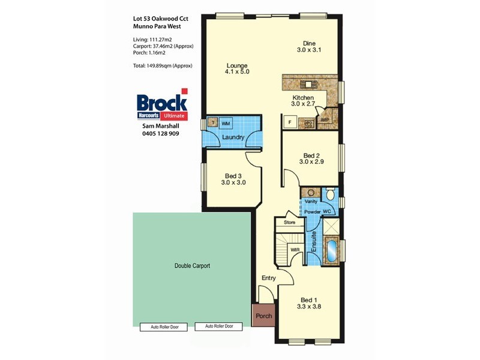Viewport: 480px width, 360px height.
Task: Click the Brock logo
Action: (x=161, y=103)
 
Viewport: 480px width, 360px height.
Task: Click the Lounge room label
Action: (x=237, y=68)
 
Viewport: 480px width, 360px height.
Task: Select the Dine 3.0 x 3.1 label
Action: (x=309, y=47)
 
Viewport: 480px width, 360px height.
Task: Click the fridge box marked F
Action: (x=290, y=122)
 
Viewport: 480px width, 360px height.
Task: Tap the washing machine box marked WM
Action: (x=226, y=123)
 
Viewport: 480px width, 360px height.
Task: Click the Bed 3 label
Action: (x=233, y=179)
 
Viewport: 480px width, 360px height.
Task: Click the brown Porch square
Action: (x=263, y=316)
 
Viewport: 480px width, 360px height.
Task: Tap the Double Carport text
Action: (x=192, y=265)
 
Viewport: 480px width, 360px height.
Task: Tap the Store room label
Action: (x=290, y=223)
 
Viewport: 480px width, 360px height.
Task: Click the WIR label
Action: (x=295, y=249)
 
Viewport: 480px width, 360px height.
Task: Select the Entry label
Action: (x=268, y=278)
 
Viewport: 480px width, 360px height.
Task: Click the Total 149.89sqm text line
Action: (x=163, y=65)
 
